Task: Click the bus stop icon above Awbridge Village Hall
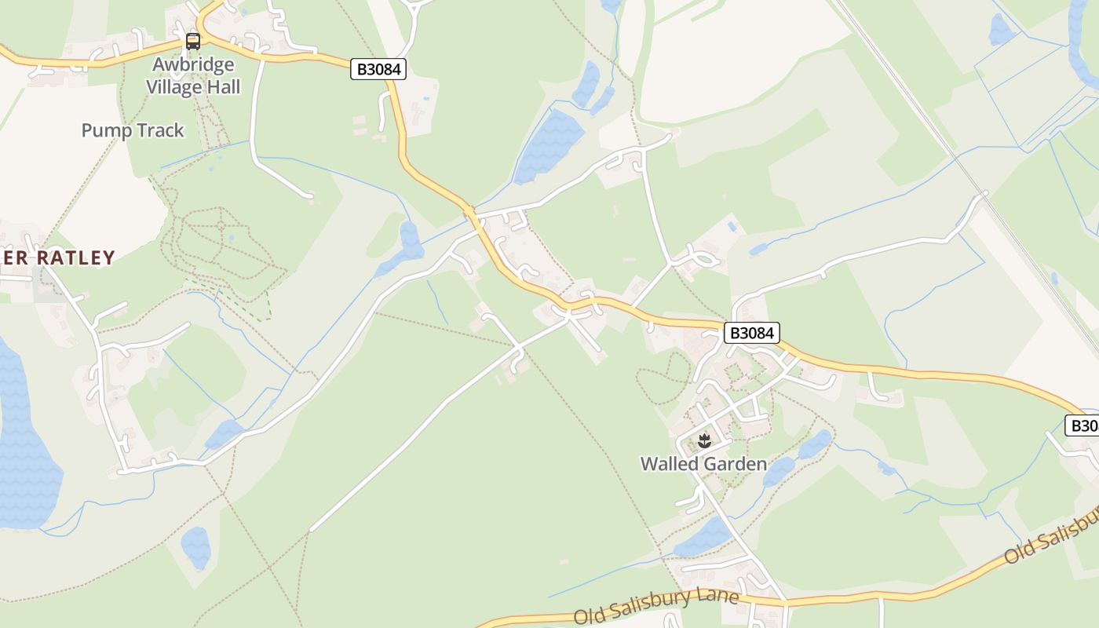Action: (193, 42)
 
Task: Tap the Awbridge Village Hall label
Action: (193, 75)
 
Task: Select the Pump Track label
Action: (133, 130)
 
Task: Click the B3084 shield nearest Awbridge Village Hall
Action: (379, 69)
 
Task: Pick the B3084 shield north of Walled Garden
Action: (752, 333)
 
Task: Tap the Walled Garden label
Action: (703, 464)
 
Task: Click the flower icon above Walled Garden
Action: (704, 440)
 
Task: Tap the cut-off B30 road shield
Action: (1083, 425)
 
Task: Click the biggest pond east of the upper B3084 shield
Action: (549, 145)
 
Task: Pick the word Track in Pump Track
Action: (160, 130)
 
